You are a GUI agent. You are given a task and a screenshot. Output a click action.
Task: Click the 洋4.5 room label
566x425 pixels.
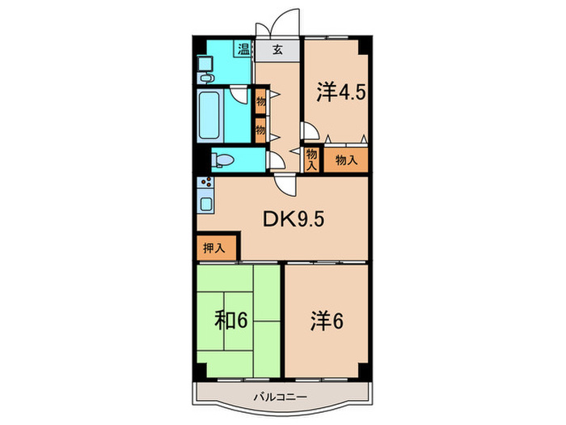tap(341, 92)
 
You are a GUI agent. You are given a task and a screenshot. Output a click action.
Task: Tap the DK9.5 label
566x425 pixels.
tap(294, 219)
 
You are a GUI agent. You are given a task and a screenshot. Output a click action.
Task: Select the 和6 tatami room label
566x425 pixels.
tap(231, 321)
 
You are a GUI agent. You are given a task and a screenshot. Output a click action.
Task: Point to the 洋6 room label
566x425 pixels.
tap(327, 321)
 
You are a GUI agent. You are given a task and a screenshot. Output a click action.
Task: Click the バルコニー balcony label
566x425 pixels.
tap(280, 397)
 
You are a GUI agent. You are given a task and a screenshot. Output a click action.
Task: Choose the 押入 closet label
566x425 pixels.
tap(214, 248)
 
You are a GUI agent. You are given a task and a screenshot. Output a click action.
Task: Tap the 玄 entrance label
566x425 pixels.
tap(277, 49)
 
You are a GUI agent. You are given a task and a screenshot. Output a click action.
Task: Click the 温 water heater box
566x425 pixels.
tap(243, 49)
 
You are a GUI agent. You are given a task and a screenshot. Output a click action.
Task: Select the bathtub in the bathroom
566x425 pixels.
tap(209, 115)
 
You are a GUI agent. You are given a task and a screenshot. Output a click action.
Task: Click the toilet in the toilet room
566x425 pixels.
tap(222, 160)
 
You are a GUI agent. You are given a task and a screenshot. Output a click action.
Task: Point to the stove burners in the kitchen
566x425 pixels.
tap(205, 182)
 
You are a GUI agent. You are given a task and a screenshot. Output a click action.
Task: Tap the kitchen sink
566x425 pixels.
tap(206, 204)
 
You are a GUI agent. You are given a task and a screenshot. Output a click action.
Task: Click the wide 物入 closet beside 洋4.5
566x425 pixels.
tap(346, 159)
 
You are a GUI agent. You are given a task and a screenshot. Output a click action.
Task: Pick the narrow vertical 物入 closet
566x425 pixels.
tap(311, 159)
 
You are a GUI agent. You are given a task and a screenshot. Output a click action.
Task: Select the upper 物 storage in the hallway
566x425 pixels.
tap(260, 101)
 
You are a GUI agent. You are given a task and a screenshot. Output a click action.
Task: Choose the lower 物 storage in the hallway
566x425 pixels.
tap(260, 130)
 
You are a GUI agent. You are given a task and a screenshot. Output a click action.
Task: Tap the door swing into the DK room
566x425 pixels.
tap(285, 185)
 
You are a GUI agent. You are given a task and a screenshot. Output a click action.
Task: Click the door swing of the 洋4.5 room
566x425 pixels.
tap(310, 131)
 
